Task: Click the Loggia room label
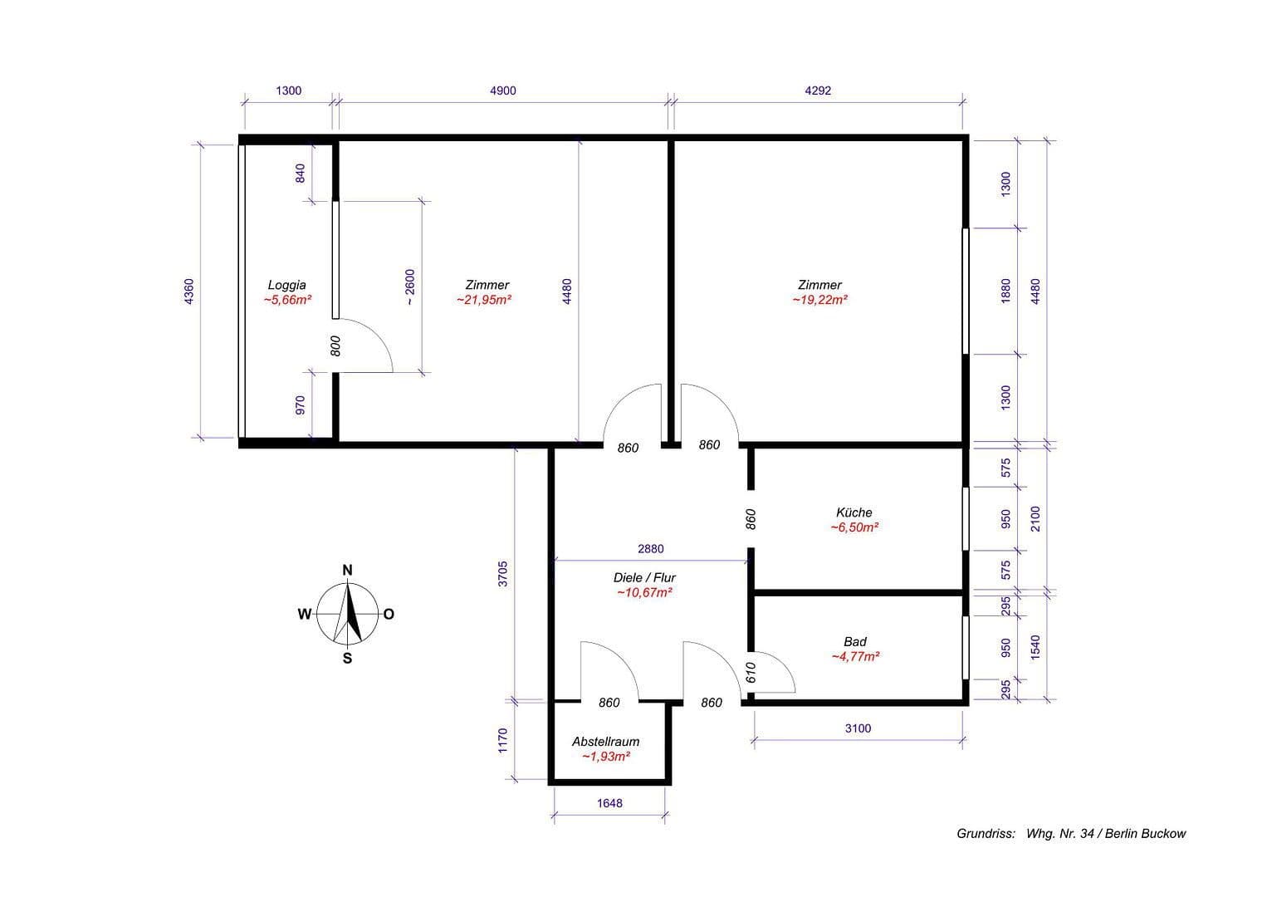tap(286, 285)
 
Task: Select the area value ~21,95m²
tap(484, 300)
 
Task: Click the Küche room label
tap(854, 512)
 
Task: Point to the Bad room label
tap(854, 641)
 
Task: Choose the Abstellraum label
tap(605, 742)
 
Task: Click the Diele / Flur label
tap(644, 577)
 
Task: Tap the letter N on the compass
tap(348, 570)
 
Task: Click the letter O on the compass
tap(389, 615)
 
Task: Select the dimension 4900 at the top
tap(502, 91)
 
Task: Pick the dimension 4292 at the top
tap(817, 91)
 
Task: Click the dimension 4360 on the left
tap(189, 292)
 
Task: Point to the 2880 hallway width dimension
tap(650, 549)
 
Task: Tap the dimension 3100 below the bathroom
tap(858, 728)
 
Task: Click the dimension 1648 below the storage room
tap(609, 803)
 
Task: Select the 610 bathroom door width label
tap(751, 672)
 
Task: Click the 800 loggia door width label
tap(335, 346)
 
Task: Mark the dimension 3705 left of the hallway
tap(502, 574)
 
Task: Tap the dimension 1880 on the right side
tap(1006, 291)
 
